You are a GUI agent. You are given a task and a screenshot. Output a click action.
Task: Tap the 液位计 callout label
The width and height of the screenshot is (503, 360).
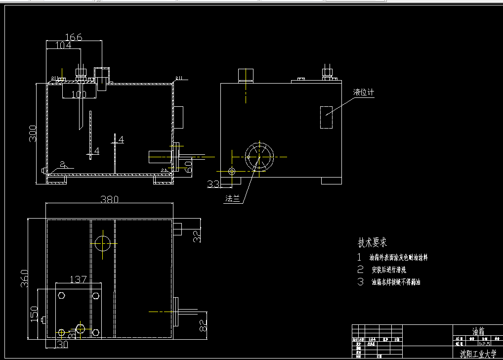tap(364, 92)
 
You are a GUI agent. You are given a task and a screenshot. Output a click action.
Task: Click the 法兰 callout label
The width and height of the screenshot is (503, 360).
tap(232, 199)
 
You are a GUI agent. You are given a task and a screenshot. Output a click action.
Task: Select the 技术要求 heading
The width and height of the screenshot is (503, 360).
tap(372, 243)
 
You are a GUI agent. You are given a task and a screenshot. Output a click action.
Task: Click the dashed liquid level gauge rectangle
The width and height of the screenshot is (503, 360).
tap(327, 117)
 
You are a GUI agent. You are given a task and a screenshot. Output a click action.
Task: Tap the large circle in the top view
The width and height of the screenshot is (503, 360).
tap(103, 243)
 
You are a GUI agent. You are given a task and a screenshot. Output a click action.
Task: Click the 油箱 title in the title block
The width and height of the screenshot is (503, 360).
tap(475, 331)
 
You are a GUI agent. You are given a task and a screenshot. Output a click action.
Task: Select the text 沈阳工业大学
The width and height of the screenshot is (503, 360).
tap(477, 354)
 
